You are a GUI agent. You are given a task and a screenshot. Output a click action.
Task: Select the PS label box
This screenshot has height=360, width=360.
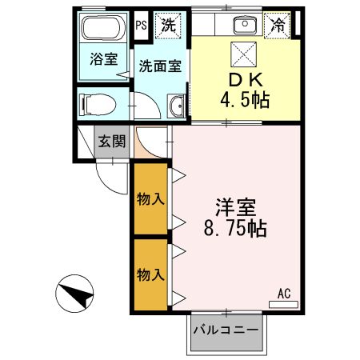point(140,24)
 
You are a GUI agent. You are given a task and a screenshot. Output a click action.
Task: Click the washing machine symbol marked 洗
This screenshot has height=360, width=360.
point(168,24)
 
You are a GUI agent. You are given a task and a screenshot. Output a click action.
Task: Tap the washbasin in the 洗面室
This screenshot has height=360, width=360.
point(177,104)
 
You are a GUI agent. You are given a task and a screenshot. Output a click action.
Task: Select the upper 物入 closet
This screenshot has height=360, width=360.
point(150,198)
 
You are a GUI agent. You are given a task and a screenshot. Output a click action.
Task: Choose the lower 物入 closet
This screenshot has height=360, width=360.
point(150,274)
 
